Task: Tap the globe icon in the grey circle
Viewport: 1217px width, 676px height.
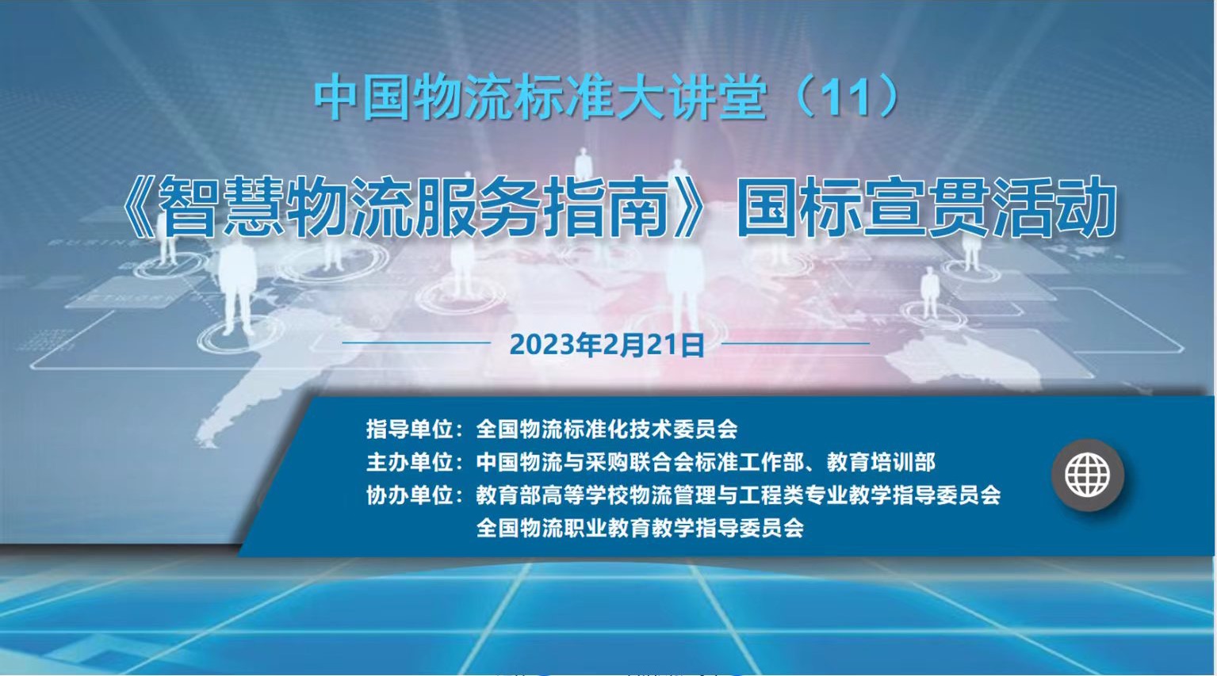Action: tap(1087, 475)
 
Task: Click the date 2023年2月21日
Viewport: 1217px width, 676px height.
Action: tap(607, 345)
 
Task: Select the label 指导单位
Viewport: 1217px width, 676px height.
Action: tap(410, 429)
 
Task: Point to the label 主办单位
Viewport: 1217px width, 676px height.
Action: tap(410, 462)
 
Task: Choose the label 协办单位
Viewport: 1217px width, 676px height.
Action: tap(410, 495)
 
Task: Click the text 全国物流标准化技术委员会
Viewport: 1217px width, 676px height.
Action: tap(607, 429)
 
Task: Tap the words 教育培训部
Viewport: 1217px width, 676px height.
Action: tap(881, 462)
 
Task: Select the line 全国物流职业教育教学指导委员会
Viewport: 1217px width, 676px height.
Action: tap(640, 528)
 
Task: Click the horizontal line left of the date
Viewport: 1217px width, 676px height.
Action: tap(416, 343)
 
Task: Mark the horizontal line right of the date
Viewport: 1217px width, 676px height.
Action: tap(795, 343)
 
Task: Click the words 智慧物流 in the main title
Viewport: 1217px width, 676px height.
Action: tap(286, 207)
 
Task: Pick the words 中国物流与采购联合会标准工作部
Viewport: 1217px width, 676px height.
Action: tap(640, 462)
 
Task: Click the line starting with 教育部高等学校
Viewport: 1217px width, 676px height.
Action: tap(738, 495)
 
